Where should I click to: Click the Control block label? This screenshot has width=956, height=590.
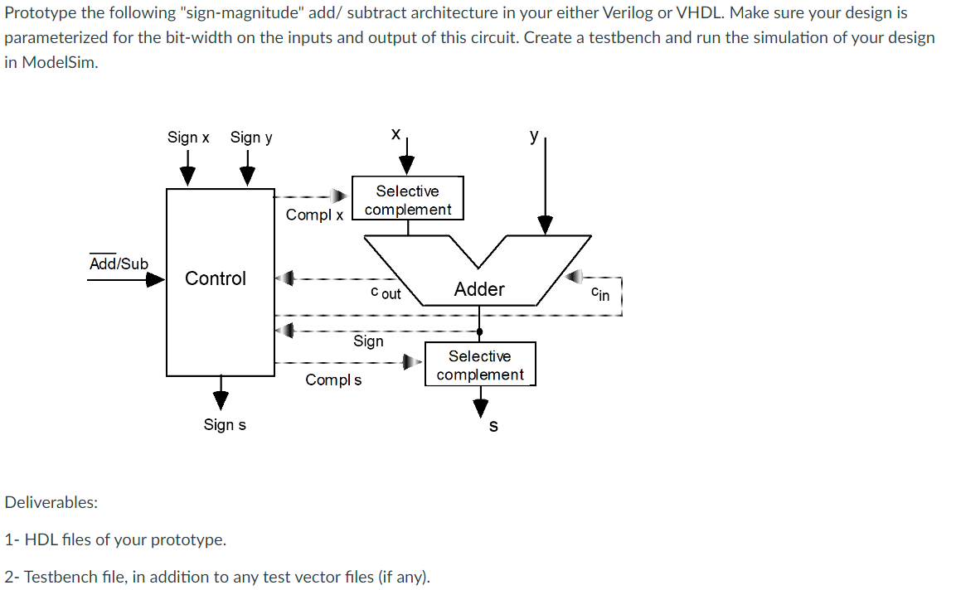(216, 278)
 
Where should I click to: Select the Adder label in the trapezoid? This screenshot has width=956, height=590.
(479, 289)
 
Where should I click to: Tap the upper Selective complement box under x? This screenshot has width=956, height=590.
(407, 200)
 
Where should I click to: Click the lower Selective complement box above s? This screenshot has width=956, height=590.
(480, 365)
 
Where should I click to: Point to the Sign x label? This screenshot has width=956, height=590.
(188, 138)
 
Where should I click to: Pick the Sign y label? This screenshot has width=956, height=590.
(251, 138)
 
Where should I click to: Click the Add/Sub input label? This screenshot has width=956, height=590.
(119, 264)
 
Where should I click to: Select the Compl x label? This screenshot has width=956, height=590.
(314, 215)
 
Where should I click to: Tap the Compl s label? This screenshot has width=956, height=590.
(333, 380)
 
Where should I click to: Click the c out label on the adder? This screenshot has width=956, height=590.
(386, 293)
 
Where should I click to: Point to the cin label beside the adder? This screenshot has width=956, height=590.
(600, 293)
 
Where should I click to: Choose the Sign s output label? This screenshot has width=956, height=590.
(225, 425)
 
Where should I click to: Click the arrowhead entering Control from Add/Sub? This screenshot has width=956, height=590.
(156, 280)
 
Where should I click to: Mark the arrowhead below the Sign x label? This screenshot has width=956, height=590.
(188, 176)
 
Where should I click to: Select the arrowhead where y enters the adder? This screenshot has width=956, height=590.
(545, 225)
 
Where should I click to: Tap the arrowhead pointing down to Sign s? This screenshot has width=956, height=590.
(221, 399)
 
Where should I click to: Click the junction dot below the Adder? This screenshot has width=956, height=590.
(479, 331)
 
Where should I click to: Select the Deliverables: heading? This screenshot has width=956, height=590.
(51, 502)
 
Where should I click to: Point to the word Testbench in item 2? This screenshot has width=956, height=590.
(56, 577)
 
